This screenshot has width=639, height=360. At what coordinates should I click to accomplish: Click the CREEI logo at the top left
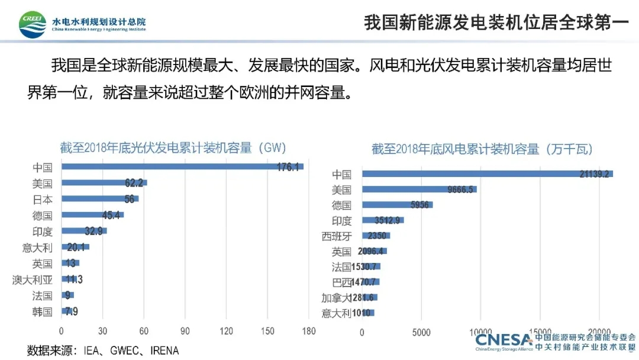33,24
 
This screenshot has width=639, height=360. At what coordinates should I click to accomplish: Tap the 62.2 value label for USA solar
136,183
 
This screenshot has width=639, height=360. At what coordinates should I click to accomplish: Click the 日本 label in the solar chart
43,200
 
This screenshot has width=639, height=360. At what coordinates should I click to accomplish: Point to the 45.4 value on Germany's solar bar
111,215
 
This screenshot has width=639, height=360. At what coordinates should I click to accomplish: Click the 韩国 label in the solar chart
43,311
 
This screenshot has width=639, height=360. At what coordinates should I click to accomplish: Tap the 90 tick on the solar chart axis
185,331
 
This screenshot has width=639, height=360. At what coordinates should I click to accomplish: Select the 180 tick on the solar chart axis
308,331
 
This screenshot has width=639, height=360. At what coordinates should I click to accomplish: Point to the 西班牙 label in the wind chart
337,236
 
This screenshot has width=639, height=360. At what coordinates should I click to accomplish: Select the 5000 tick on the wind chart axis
421,332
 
